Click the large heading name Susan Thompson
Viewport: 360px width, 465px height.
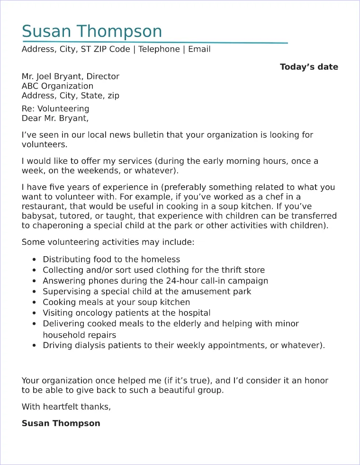click(x=92, y=31)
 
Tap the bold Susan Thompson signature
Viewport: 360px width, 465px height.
click(x=61, y=423)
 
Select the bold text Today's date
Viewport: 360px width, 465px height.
click(x=309, y=67)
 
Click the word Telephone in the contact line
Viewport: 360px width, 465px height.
click(x=159, y=49)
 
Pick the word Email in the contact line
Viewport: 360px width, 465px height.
click(x=199, y=49)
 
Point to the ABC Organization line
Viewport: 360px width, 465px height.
click(x=57, y=86)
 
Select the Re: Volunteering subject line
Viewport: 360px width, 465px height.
click(x=55, y=109)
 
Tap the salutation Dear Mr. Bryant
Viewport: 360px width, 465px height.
click(x=55, y=118)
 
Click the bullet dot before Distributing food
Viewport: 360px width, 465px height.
click(x=34, y=259)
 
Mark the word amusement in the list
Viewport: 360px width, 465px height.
click(x=207, y=292)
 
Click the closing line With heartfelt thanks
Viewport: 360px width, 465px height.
click(x=66, y=407)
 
